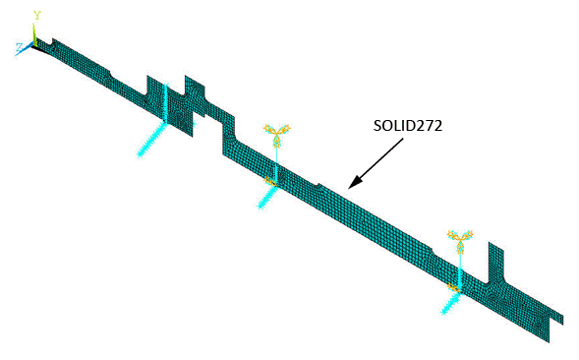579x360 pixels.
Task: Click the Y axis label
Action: click(x=36, y=16)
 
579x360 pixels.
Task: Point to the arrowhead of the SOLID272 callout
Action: click(x=352, y=184)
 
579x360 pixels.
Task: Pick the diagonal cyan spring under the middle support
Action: click(x=266, y=196)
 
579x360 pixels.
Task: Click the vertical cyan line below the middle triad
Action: click(x=276, y=157)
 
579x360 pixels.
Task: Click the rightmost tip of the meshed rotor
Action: click(x=561, y=317)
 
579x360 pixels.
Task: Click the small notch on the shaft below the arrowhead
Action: click(x=317, y=184)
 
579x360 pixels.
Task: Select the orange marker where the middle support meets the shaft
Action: click(x=274, y=180)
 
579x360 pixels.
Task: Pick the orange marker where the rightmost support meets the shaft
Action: click(x=455, y=286)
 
